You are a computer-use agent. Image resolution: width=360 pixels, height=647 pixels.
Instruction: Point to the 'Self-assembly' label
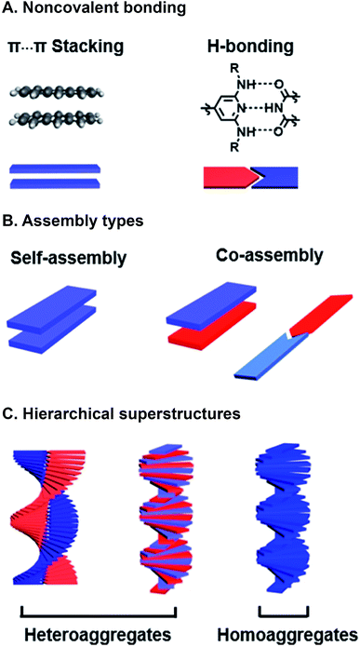[68, 254]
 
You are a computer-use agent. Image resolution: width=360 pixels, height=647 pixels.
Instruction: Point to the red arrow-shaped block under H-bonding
[227, 174]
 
